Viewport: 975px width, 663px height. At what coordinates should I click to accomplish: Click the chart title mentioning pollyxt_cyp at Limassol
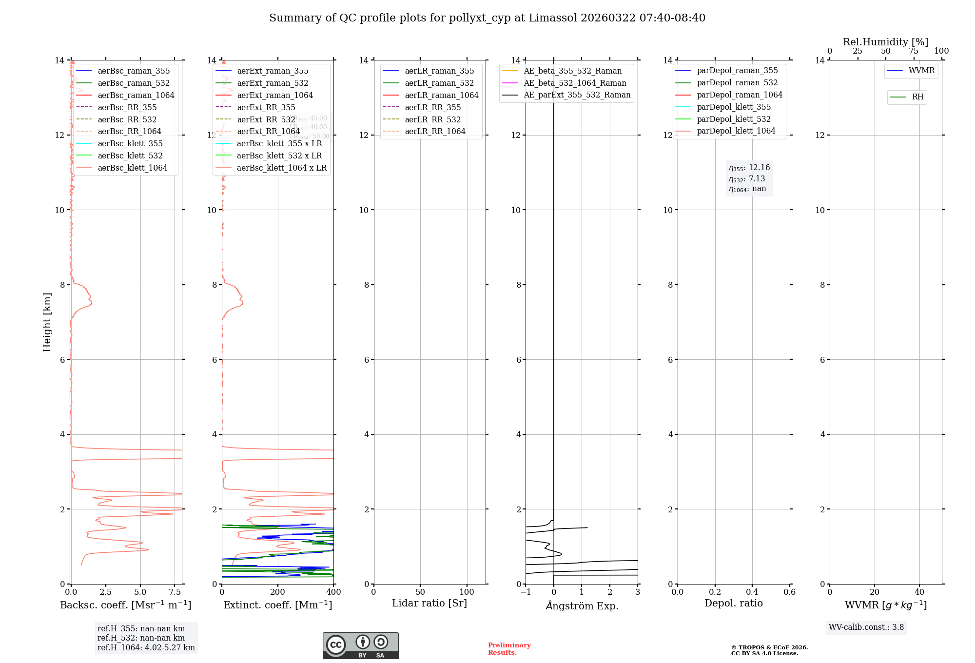click(487, 18)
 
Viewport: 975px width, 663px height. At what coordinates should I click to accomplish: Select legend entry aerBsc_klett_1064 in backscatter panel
click(132, 168)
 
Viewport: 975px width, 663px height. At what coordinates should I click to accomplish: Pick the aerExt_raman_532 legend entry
click(273, 83)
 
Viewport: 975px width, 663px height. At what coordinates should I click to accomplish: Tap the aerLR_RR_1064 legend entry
click(435, 131)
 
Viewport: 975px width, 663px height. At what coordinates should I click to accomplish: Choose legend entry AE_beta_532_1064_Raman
click(575, 83)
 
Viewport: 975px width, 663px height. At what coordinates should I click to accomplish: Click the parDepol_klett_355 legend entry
click(734, 107)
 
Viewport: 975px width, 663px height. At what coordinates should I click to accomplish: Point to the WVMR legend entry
click(921, 71)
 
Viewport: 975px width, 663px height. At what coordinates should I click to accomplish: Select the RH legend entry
click(917, 97)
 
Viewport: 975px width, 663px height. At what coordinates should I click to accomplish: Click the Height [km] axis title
click(47, 322)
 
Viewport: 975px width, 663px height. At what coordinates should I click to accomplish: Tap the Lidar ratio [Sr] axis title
click(429, 603)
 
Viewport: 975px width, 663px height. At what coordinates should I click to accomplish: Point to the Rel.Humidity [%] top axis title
click(885, 42)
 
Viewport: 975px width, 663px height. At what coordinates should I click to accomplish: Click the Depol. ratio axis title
click(733, 603)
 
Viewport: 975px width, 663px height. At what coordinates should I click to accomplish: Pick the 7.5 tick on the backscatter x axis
click(175, 592)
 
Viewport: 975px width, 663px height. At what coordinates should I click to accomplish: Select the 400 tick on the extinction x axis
click(333, 592)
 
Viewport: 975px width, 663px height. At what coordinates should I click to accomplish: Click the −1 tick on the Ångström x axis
click(526, 592)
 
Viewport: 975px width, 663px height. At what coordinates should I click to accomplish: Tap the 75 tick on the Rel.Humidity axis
click(914, 51)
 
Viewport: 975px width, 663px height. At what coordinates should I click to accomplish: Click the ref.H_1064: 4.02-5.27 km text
click(146, 648)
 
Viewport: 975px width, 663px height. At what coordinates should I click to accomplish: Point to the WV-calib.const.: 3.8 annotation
click(866, 627)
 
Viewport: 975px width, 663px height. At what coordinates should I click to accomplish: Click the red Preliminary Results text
click(509, 649)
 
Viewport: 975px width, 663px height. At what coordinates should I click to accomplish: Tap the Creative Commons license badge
click(360, 645)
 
